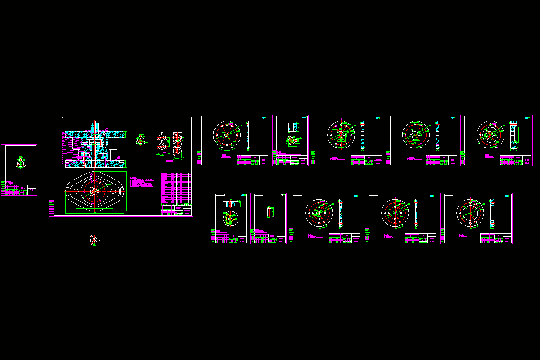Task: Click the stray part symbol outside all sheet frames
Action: [x=93, y=240]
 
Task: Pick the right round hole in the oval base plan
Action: [x=110, y=192]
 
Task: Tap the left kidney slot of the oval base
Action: [x=68, y=192]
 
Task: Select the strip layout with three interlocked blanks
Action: [x=177, y=144]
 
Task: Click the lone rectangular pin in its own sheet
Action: [x=269, y=211]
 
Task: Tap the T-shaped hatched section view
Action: [x=230, y=203]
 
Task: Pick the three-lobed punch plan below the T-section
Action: [x=229, y=219]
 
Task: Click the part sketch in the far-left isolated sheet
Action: [x=19, y=162]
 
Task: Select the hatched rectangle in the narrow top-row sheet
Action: [x=293, y=127]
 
